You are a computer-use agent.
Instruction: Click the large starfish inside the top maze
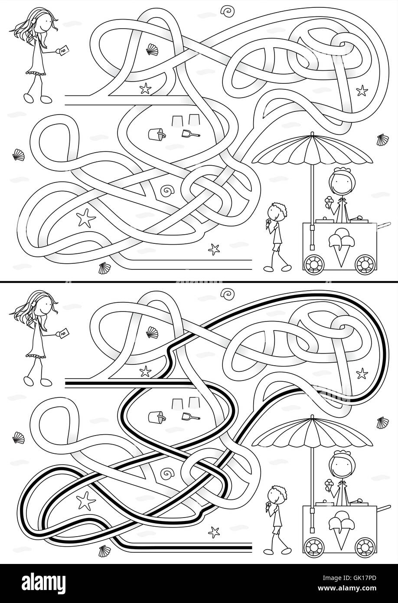[x=85, y=217]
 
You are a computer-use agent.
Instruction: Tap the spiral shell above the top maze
[x=226, y=10]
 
